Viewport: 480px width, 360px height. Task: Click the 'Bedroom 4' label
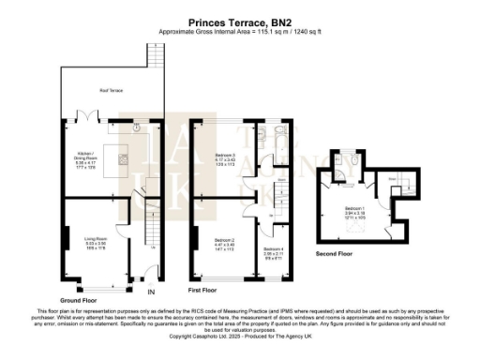click(273, 250)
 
